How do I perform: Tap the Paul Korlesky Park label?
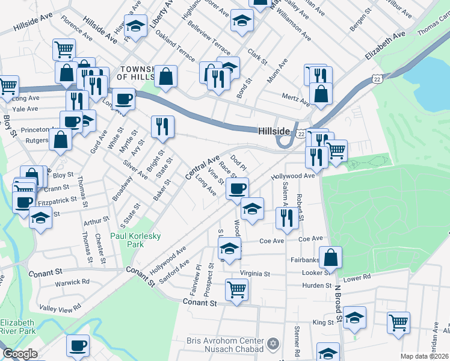click(x=135, y=241)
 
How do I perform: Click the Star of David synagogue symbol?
click(x=274, y=344)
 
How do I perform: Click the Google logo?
click(x=20, y=354)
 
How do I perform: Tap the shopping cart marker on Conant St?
click(x=236, y=290)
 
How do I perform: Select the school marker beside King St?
click(x=355, y=318)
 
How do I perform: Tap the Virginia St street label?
click(x=254, y=273)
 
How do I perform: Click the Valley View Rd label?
click(x=60, y=308)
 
